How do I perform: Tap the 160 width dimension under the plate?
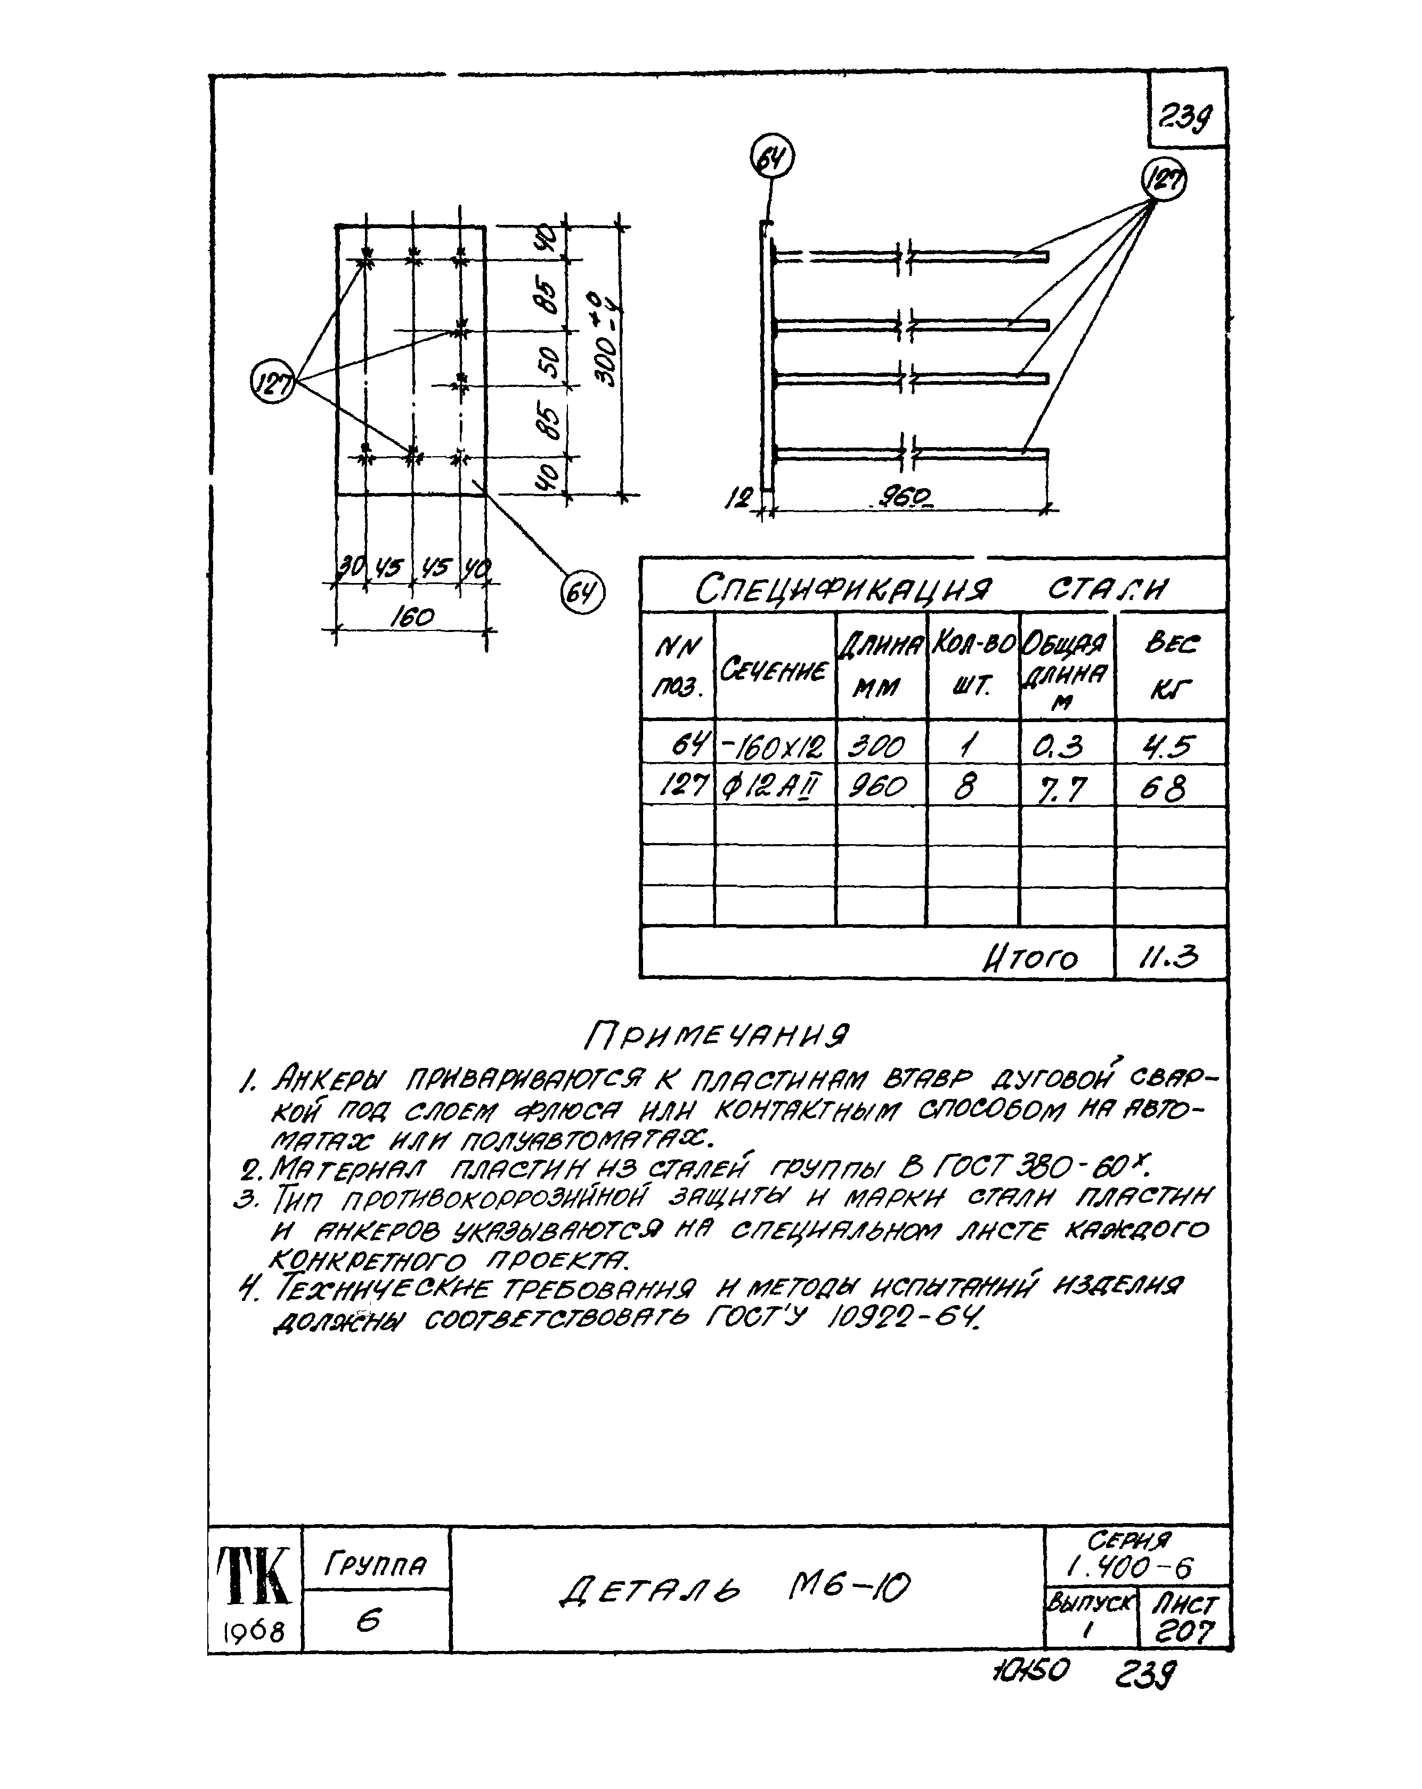tap(411, 617)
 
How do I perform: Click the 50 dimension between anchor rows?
tap(548, 359)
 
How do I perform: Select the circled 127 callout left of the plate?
tap(272, 383)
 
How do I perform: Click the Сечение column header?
tap(773, 668)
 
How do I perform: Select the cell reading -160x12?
tap(773, 746)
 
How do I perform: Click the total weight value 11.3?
tap(1168, 958)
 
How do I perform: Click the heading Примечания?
tap(717, 1035)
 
